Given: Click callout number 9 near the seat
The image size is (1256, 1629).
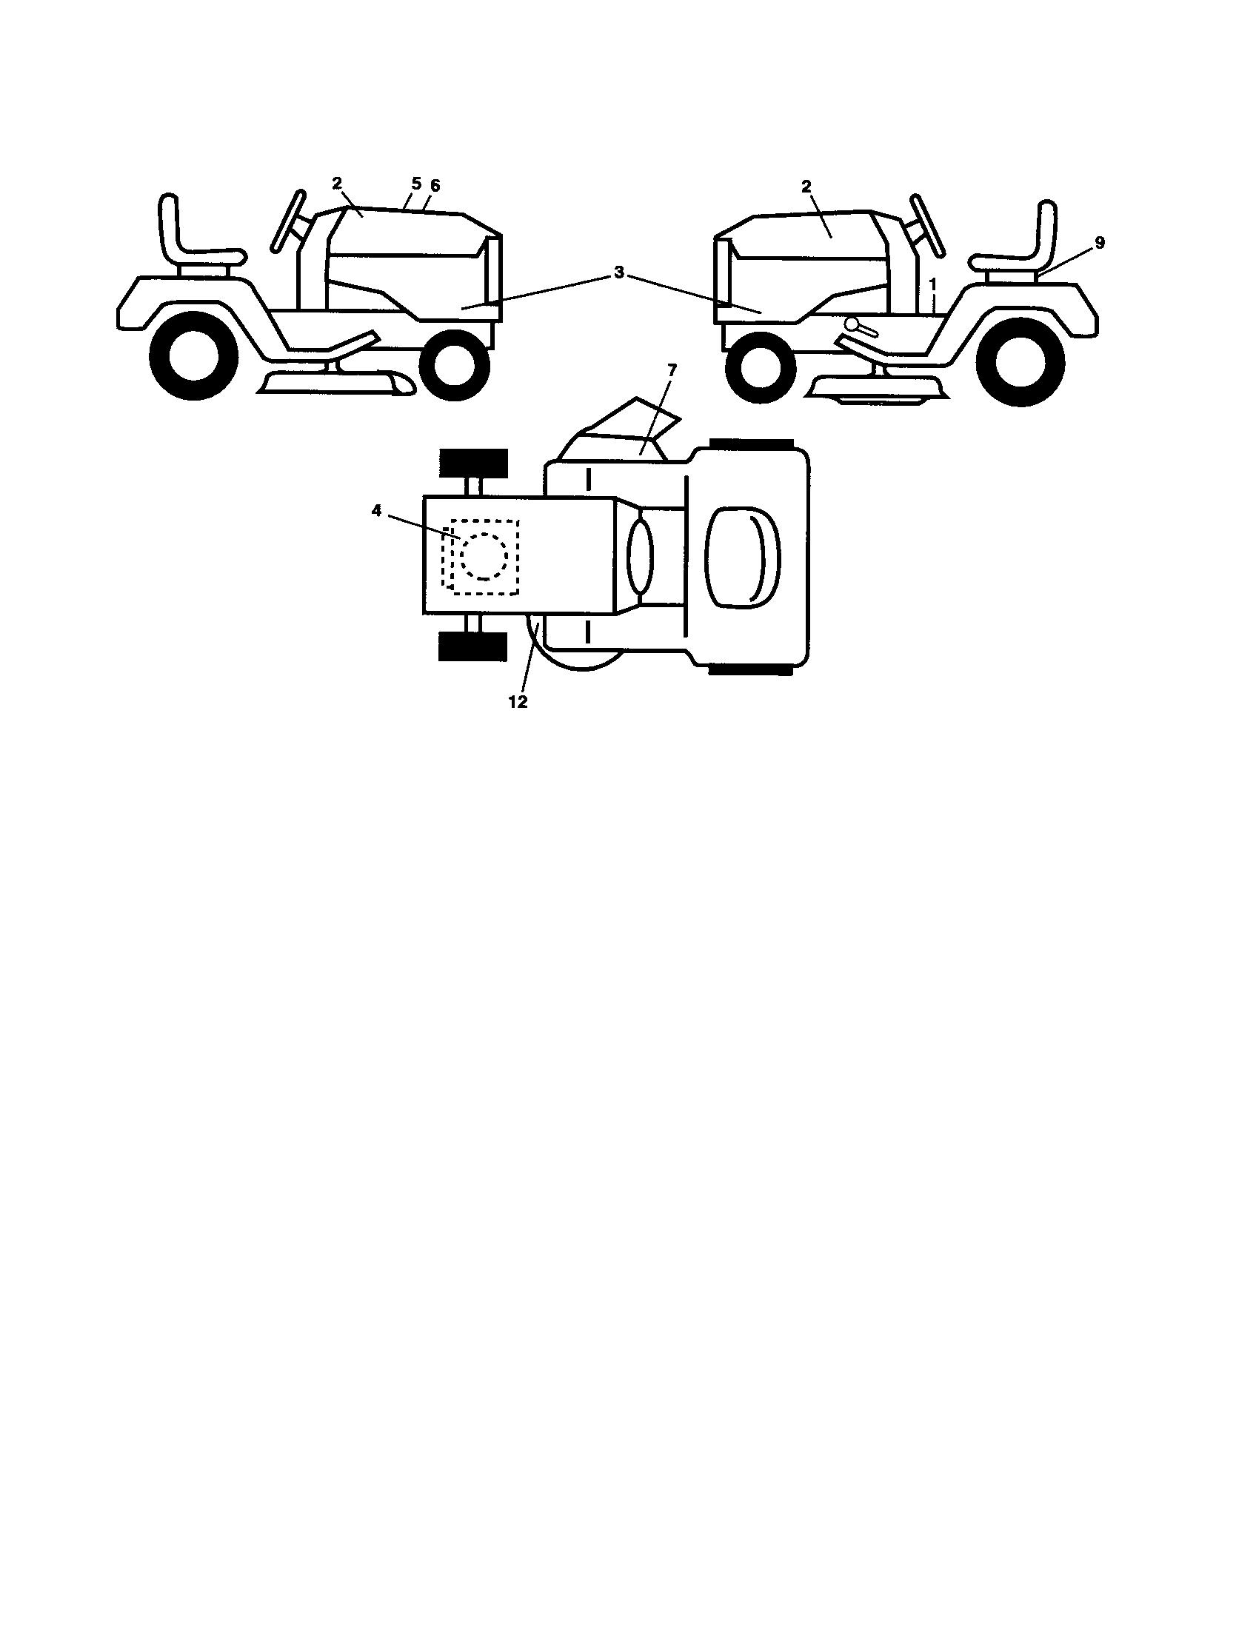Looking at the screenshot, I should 1100,243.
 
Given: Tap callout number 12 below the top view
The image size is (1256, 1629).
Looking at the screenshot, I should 518,702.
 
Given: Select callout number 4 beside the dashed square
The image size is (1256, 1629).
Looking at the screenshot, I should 377,511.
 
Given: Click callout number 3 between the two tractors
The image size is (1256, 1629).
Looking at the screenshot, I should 618,273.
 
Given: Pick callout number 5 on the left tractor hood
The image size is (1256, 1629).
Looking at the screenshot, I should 416,184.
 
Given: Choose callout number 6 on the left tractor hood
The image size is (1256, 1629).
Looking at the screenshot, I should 435,186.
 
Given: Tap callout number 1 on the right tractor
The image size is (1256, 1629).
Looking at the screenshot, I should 932,284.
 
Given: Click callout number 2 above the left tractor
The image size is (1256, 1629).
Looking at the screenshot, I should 337,184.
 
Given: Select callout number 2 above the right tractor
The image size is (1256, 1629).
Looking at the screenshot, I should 806,186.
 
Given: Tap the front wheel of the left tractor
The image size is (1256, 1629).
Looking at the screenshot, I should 454,366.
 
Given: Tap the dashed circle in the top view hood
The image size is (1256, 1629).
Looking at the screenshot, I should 484,555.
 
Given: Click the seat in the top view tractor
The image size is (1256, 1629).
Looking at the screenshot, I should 742,556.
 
